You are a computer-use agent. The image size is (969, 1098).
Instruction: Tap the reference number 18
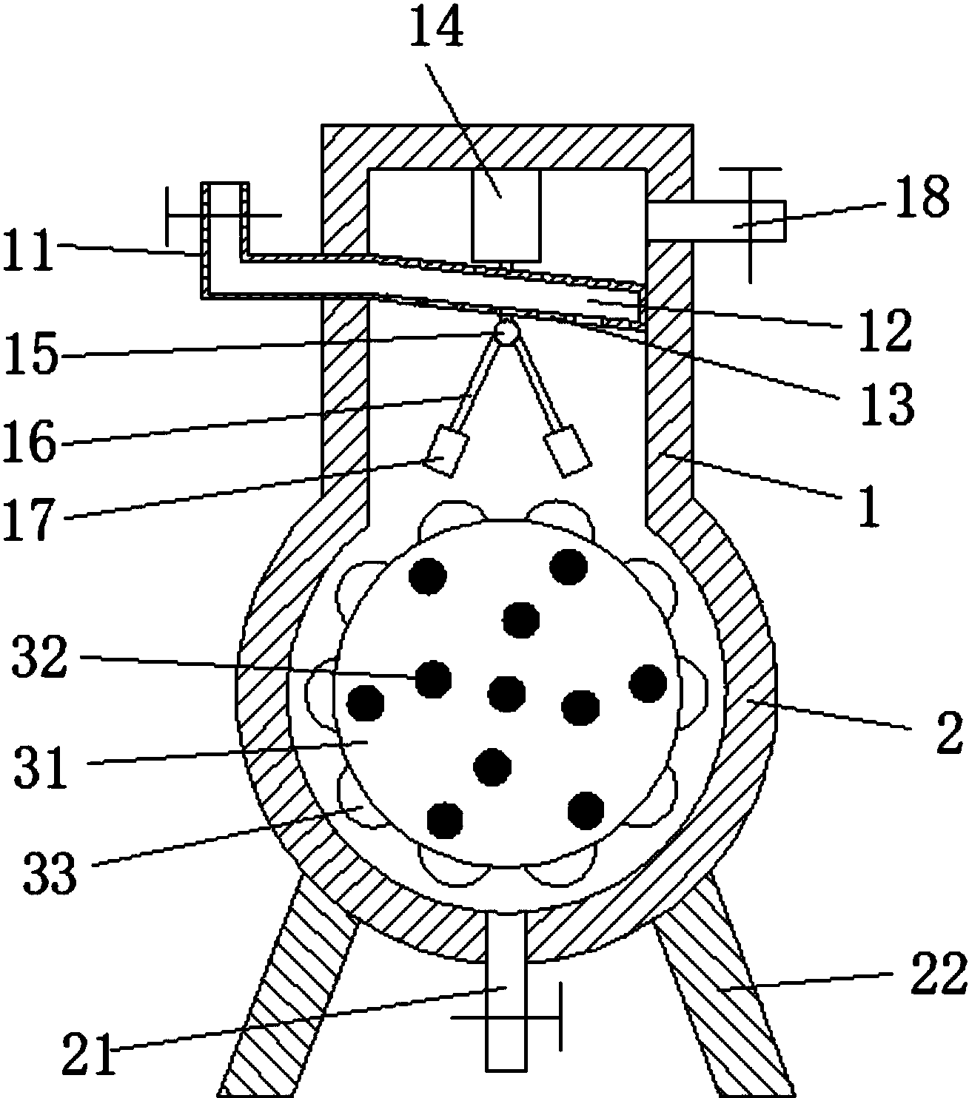(x=922, y=196)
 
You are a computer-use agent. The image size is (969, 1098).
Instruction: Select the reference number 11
(x=29, y=249)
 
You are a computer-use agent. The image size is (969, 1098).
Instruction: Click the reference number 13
(x=886, y=403)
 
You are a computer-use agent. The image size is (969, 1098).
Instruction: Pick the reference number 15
(x=31, y=354)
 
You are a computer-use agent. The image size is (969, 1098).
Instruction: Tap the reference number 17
(x=30, y=519)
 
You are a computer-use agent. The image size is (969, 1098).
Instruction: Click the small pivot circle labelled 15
(x=506, y=330)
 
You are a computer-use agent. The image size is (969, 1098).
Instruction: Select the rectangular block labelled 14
(x=506, y=215)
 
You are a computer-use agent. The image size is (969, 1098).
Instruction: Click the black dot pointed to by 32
(x=433, y=680)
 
